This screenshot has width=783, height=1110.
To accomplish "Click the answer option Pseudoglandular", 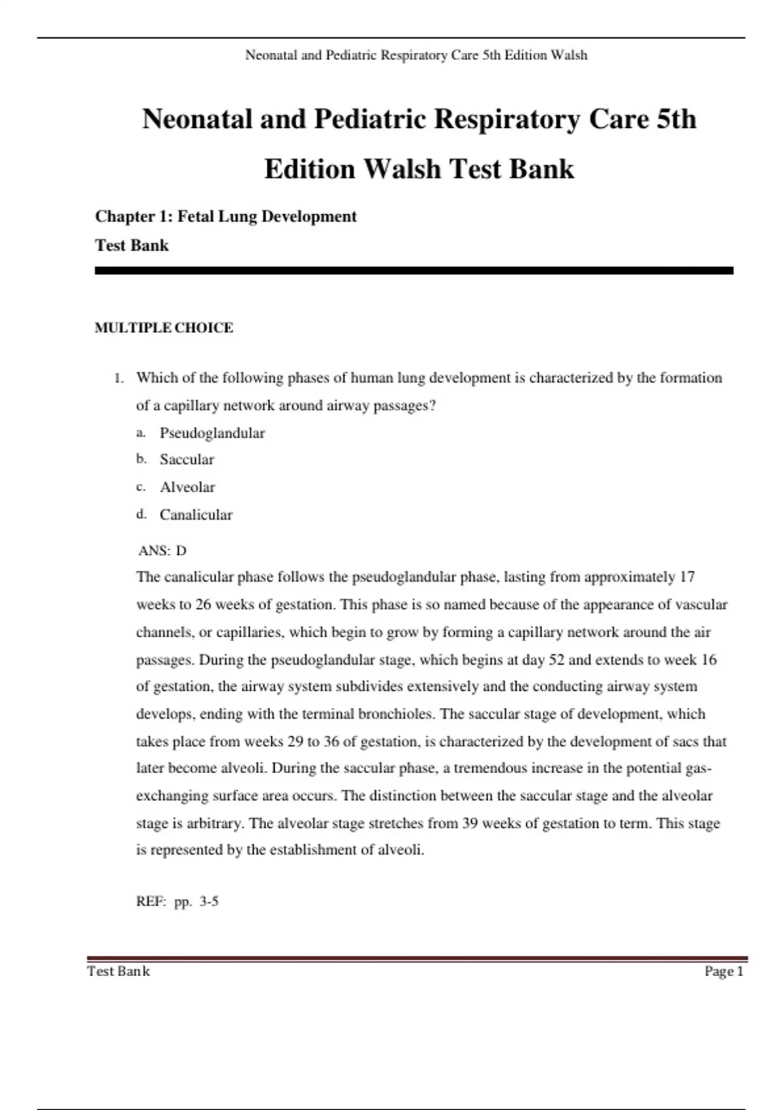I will click(x=212, y=433).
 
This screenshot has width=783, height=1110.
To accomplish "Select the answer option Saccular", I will click(x=187, y=460).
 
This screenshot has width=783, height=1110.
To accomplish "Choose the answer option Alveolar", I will click(x=187, y=487).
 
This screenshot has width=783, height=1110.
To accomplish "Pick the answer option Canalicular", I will click(x=196, y=515).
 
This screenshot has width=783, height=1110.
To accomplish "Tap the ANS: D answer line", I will click(x=162, y=550).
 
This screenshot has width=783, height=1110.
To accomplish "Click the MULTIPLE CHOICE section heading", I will click(x=164, y=328).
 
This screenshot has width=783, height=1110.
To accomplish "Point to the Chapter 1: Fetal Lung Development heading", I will click(x=226, y=216).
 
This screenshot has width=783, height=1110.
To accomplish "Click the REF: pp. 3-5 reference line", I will click(x=177, y=902).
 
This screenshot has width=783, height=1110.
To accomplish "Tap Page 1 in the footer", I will click(x=724, y=972).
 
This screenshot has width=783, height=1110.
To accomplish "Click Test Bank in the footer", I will click(x=118, y=972).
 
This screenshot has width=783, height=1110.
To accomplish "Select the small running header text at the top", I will click(x=416, y=55).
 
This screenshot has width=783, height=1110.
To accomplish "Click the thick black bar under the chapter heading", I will click(x=414, y=270).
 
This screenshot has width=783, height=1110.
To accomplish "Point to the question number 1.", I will click(x=118, y=378).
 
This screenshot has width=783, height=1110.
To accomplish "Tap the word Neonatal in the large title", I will click(x=197, y=119).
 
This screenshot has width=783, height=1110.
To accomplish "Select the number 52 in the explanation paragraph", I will click(x=556, y=659).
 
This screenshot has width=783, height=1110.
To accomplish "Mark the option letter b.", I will click(x=141, y=459).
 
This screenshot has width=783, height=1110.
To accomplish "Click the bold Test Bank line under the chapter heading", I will click(x=132, y=246).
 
